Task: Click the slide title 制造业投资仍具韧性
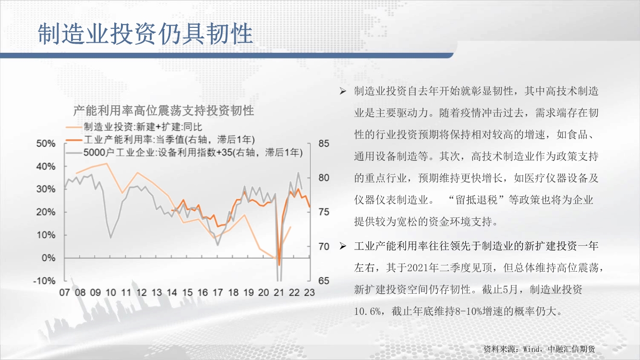click(145, 34)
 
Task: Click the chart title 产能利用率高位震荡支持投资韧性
click(163, 110)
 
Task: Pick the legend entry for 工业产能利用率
click(160, 140)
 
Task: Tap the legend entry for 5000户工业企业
click(184, 153)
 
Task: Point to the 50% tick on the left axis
click(46, 144)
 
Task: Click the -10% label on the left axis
click(44, 281)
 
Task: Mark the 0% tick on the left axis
click(48, 258)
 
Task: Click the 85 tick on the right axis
click(324, 144)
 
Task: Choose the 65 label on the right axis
click(324, 281)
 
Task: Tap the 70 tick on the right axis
click(324, 246)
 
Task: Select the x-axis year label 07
click(64, 293)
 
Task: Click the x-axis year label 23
click(309, 293)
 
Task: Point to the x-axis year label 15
click(187, 293)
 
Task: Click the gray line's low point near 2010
click(110, 238)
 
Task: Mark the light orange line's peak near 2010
click(107, 163)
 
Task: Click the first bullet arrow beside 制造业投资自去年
click(343, 91)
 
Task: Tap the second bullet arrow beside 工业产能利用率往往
click(343, 246)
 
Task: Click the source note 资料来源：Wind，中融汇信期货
click(539, 349)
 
